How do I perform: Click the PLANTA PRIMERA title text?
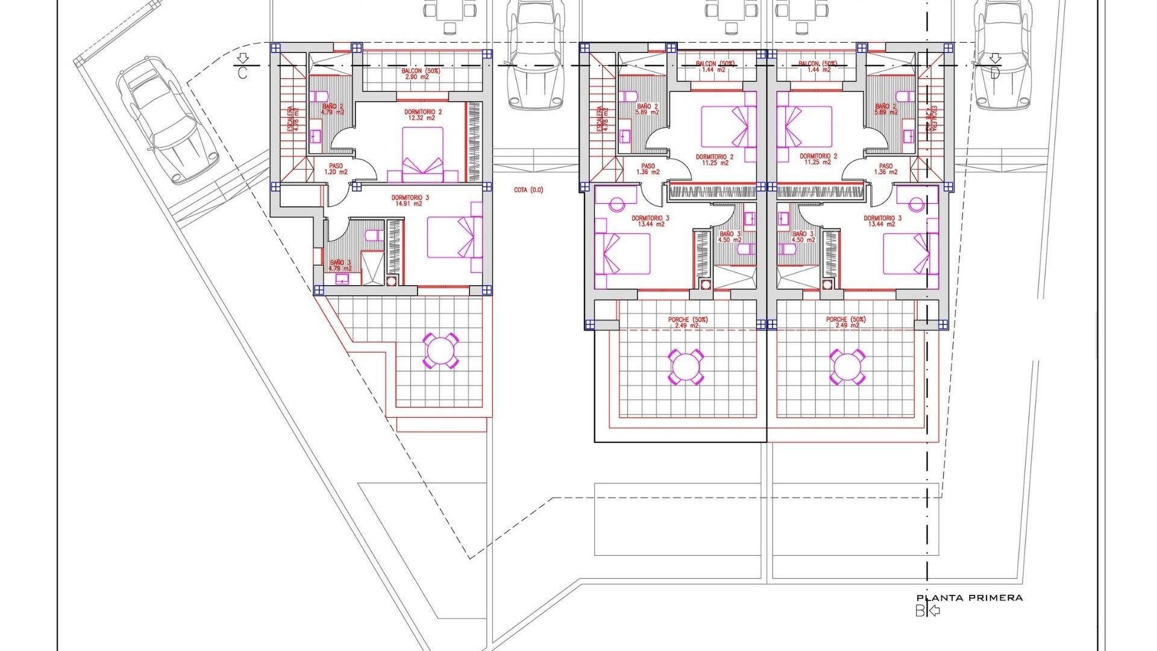pos(970,598)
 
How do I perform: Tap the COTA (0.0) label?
pos(528,190)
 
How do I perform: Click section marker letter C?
pos(242,73)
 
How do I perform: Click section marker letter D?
pos(995,73)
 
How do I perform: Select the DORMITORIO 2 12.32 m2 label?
pos(423,115)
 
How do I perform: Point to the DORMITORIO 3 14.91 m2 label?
pos(410,200)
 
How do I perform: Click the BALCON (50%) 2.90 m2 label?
pos(422,74)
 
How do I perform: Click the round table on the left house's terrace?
pos(441,351)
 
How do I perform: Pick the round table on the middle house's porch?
pos(685,366)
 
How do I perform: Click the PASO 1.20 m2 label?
pos(336,169)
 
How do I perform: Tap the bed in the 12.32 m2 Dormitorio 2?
pos(422,154)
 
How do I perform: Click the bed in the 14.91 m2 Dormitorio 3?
pos(454,237)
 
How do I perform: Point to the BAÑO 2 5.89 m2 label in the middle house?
pos(647,109)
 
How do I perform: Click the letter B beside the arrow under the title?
pos(920,611)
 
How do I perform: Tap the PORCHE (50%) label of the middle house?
pos(688,322)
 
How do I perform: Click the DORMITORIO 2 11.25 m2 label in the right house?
pos(818,159)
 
